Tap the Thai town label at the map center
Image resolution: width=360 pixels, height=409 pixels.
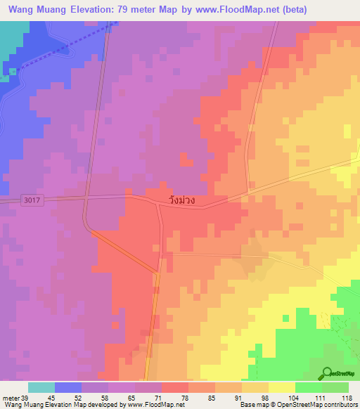[x=181, y=200]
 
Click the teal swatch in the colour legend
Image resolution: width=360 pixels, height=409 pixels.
[x=41, y=387]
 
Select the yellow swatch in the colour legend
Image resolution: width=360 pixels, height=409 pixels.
[x=282, y=387]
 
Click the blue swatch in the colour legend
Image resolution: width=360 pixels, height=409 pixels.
[x=68, y=387]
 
